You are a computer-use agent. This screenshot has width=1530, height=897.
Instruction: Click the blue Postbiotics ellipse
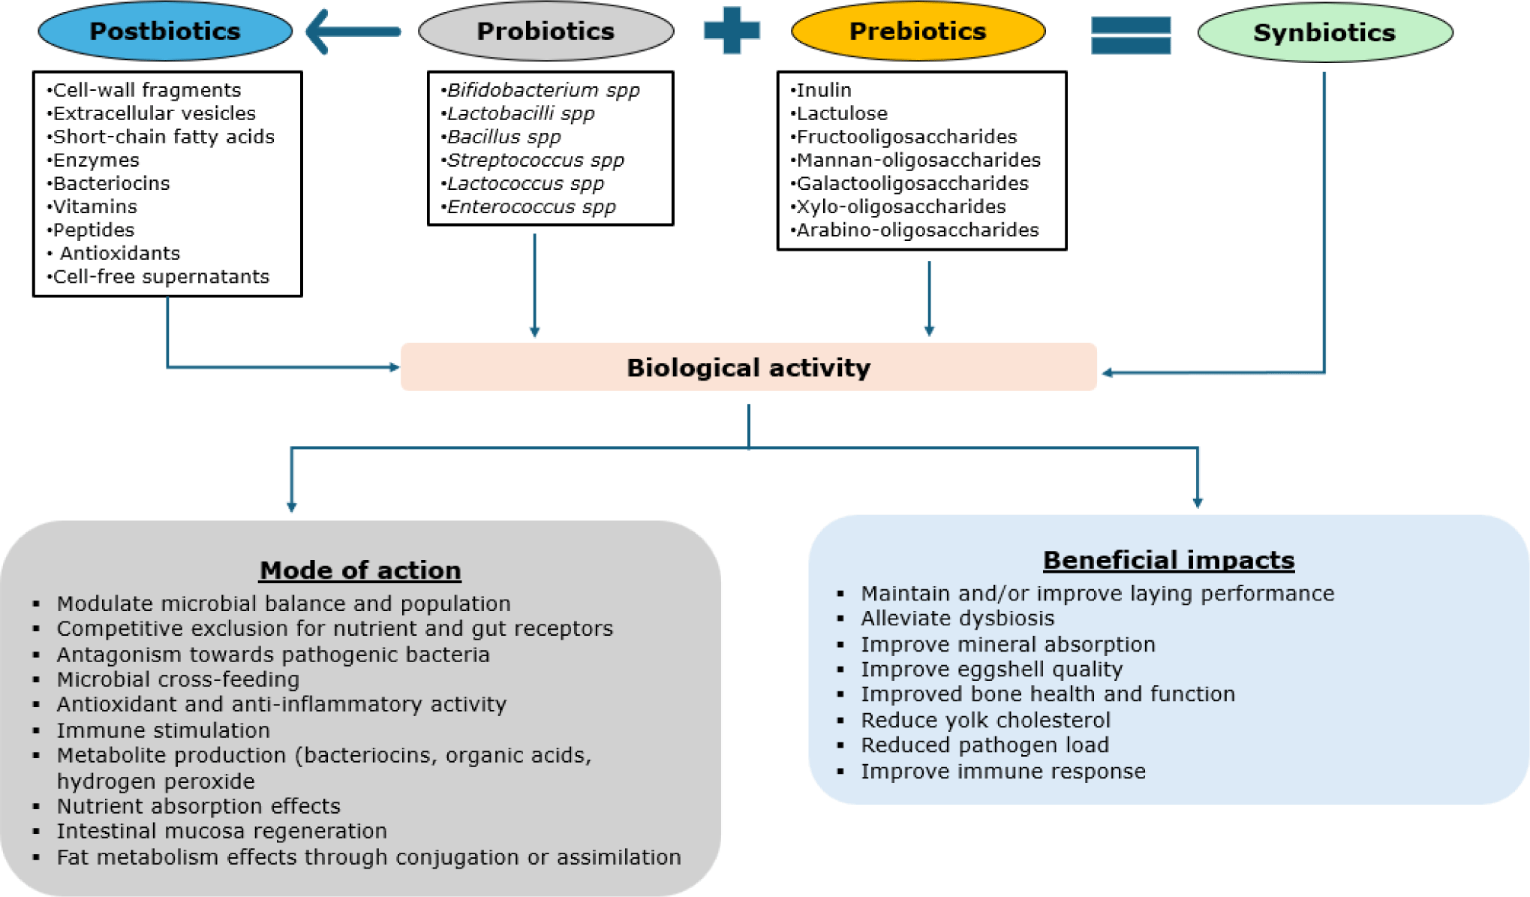click(x=165, y=31)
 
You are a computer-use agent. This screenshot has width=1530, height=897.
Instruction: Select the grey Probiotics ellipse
click(x=546, y=31)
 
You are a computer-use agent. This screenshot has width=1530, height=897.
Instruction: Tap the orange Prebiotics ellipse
click(x=918, y=31)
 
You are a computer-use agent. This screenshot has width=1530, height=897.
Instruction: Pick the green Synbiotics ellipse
click(x=1324, y=32)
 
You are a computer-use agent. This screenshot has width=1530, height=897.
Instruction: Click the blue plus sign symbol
click(x=732, y=30)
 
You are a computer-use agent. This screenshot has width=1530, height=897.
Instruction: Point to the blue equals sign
click(x=1131, y=35)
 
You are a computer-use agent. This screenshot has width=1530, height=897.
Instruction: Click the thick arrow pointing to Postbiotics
click(x=353, y=32)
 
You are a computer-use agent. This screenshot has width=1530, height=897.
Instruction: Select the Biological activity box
click(x=748, y=367)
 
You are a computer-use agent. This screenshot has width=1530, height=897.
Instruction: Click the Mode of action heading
click(x=360, y=570)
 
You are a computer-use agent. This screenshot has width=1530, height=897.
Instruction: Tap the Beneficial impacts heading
click(x=1168, y=560)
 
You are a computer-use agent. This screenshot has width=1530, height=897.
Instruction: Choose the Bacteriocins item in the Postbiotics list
click(x=111, y=183)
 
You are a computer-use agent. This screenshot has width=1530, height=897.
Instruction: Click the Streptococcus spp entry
click(x=535, y=160)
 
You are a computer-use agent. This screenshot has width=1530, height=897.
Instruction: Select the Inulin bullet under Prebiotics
click(x=824, y=90)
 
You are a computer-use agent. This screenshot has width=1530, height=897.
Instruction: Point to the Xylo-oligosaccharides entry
click(x=901, y=206)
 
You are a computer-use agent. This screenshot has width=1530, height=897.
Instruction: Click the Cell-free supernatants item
click(x=161, y=276)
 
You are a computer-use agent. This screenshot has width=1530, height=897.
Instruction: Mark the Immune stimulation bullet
click(x=163, y=730)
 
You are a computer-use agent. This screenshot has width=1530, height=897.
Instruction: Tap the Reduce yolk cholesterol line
click(x=985, y=720)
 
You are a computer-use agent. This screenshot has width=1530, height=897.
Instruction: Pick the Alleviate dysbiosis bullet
click(x=957, y=618)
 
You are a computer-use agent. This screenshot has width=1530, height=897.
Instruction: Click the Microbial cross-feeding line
click(x=178, y=679)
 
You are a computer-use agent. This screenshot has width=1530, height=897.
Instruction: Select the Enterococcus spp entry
click(x=531, y=206)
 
